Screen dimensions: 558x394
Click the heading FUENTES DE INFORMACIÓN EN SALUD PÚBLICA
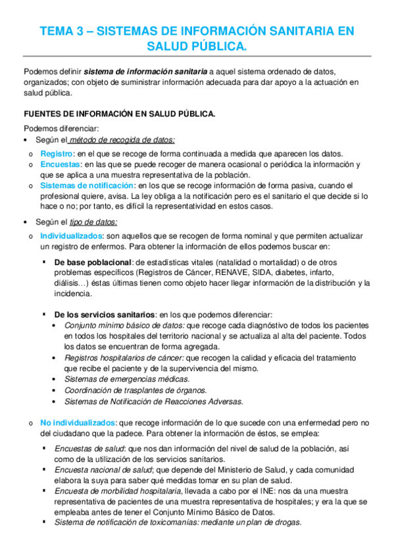119,113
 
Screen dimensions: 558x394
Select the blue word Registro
56,153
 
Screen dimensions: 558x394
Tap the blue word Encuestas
60,164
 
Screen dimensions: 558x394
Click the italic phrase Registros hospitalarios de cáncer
124,357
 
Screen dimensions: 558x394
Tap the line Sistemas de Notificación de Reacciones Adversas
153,401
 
